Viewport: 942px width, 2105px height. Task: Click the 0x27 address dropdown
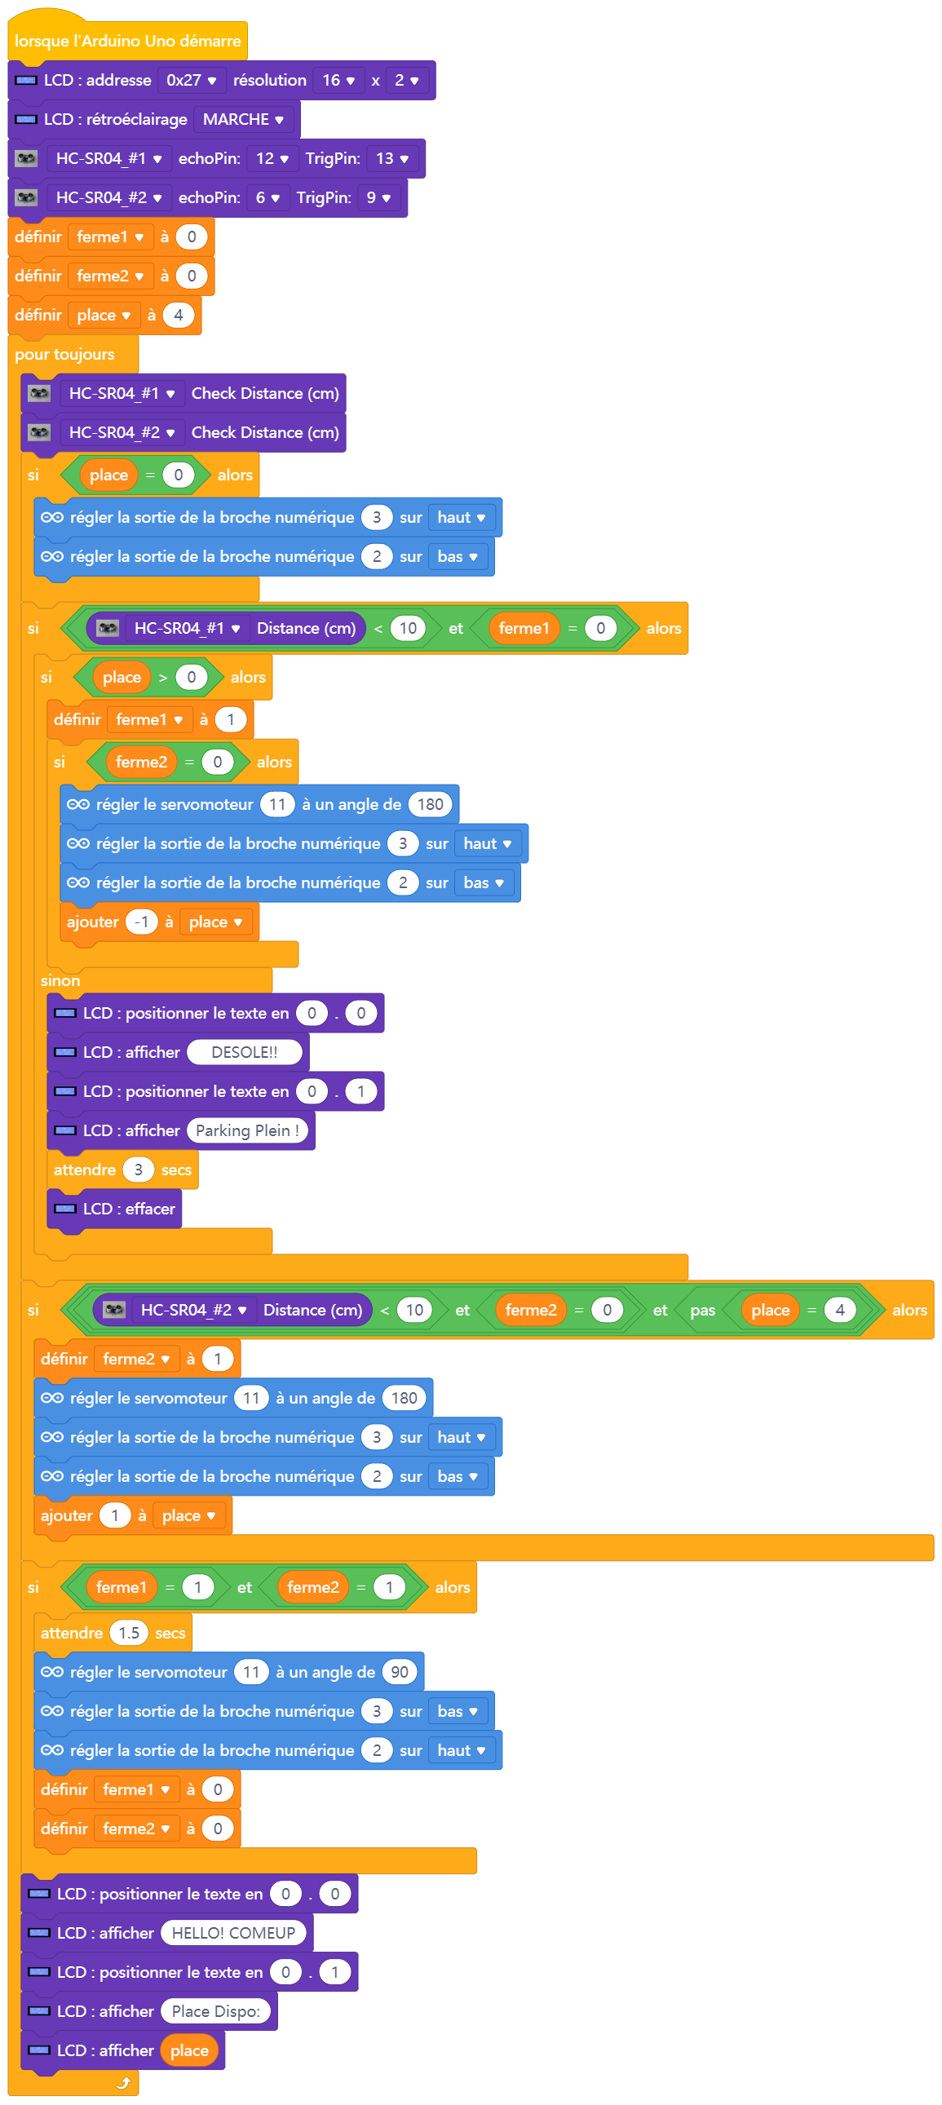click(x=191, y=80)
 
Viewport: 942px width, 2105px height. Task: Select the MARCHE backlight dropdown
click(x=243, y=119)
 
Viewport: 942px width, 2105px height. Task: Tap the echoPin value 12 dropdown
click(x=272, y=158)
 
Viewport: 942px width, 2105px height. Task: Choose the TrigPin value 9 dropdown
click(x=378, y=197)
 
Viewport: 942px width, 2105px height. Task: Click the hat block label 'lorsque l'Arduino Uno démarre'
click(x=127, y=41)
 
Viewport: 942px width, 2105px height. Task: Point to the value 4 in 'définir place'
click(x=178, y=316)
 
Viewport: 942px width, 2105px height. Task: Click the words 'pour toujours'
click(x=64, y=355)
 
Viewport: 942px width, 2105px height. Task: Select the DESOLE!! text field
click(x=245, y=1052)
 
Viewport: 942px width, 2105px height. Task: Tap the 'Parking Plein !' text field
click(x=248, y=1131)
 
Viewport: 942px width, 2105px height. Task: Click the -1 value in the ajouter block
click(x=141, y=922)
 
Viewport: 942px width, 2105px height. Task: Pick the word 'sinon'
click(x=60, y=980)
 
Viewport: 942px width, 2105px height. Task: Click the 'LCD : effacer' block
click(x=114, y=1209)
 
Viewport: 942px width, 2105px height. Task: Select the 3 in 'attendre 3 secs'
click(x=138, y=1170)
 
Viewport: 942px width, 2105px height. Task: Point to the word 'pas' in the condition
click(x=702, y=1311)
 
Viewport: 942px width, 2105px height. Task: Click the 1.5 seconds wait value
click(x=129, y=1633)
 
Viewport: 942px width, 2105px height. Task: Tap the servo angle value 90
click(x=400, y=1672)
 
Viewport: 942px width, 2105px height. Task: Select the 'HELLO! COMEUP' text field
click(x=233, y=1934)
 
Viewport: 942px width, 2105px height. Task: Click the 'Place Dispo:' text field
click(x=215, y=2012)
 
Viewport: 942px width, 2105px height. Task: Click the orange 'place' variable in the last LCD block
click(x=189, y=2051)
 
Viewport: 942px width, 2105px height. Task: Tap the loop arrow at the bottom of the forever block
click(x=123, y=2083)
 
